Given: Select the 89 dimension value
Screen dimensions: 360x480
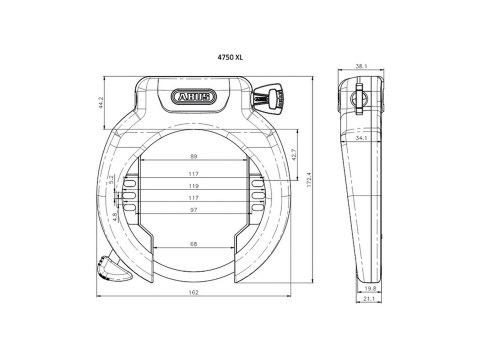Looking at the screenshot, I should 192,158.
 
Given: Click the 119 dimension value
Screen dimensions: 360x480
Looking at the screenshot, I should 192,186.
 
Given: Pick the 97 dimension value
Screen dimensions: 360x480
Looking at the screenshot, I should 192,210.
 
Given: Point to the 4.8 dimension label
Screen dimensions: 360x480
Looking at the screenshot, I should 115,213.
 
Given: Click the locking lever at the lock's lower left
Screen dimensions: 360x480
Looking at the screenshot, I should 107,264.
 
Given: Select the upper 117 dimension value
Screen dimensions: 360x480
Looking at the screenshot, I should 192,174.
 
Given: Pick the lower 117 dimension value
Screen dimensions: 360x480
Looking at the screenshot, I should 192,198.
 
